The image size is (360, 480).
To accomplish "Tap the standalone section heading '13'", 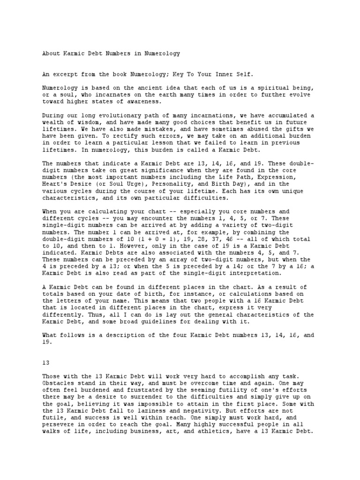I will click(45, 362).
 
